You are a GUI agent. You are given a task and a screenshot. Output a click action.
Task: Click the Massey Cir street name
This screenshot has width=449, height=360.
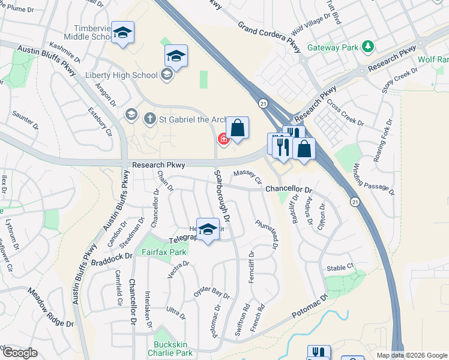tap(248, 177)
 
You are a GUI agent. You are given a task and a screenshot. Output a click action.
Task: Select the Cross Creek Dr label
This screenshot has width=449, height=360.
tap(345, 113)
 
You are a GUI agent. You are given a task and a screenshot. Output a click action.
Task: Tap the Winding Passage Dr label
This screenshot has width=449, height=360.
tap(374, 179)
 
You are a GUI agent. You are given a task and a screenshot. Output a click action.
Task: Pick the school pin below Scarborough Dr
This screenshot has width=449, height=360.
tap(208, 230)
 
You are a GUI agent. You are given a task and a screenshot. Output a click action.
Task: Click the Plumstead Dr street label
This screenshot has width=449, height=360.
tap(267, 232)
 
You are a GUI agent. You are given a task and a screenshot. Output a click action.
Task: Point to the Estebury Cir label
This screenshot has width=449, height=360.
tap(100, 121)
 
